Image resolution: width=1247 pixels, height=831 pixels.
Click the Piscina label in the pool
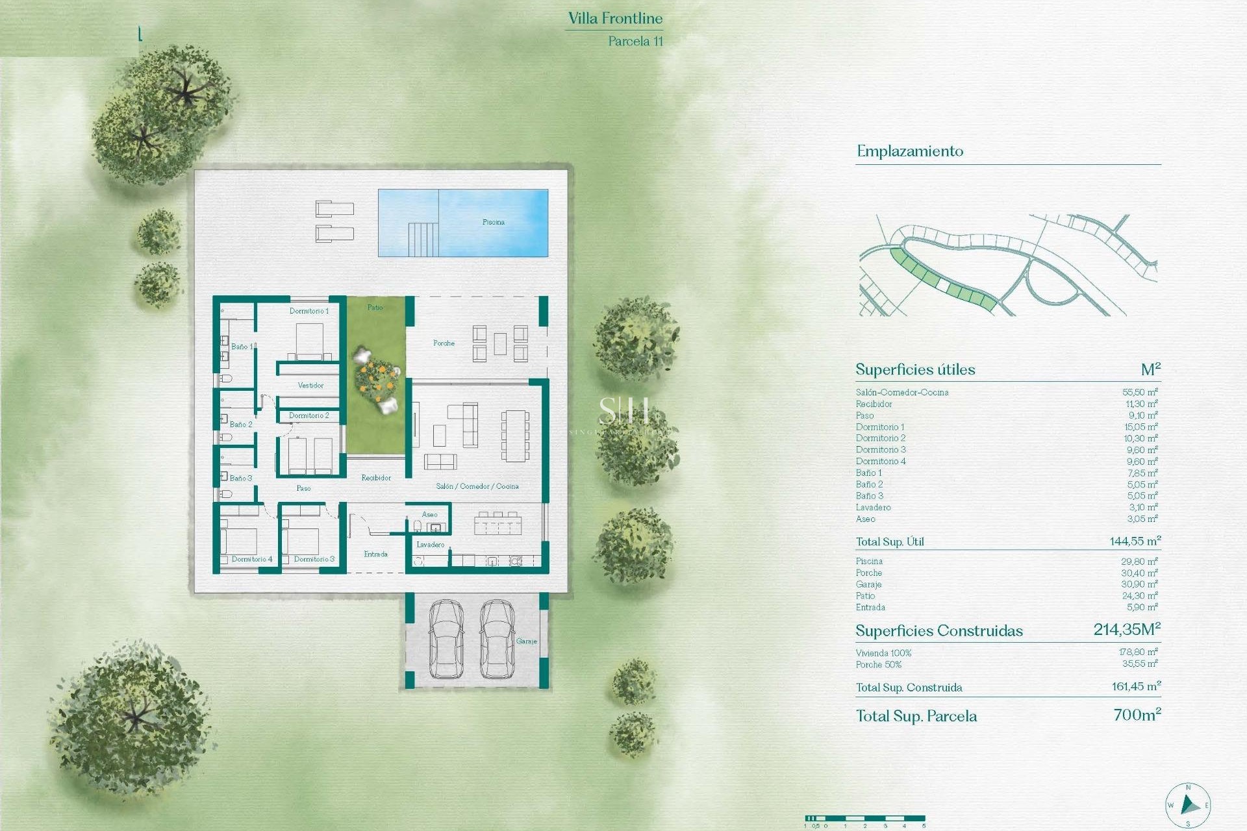[x=493, y=222]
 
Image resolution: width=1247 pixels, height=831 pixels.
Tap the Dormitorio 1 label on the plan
[x=309, y=311]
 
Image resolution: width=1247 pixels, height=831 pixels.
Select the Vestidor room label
[x=310, y=386]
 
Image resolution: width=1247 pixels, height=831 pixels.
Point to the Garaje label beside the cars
[x=526, y=641]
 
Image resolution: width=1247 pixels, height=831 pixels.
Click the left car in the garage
[x=446, y=639]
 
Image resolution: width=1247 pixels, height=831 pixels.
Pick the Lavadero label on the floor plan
[x=431, y=545]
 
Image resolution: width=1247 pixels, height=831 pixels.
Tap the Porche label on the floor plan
[x=444, y=343]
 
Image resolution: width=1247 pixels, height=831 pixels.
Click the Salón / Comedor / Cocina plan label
[x=477, y=486]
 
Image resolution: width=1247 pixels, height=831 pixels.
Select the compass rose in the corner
[x=1188, y=805]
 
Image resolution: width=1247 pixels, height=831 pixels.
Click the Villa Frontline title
[x=615, y=18]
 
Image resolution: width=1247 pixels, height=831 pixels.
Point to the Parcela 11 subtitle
[x=635, y=41]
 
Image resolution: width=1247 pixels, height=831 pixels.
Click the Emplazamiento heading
[x=909, y=151]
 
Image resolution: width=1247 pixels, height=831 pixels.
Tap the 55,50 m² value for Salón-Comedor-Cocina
[x=1139, y=392]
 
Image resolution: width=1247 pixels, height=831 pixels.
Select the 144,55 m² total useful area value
[x=1135, y=541]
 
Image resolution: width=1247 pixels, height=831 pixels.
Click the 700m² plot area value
[x=1137, y=715]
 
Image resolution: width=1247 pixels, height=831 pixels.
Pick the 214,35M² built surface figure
[x=1126, y=629]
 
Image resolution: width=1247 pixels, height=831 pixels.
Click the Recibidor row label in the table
[x=874, y=404]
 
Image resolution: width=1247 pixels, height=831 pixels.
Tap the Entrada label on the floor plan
[x=375, y=554]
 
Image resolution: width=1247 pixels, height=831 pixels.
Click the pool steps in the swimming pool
[x=423, y=239]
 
